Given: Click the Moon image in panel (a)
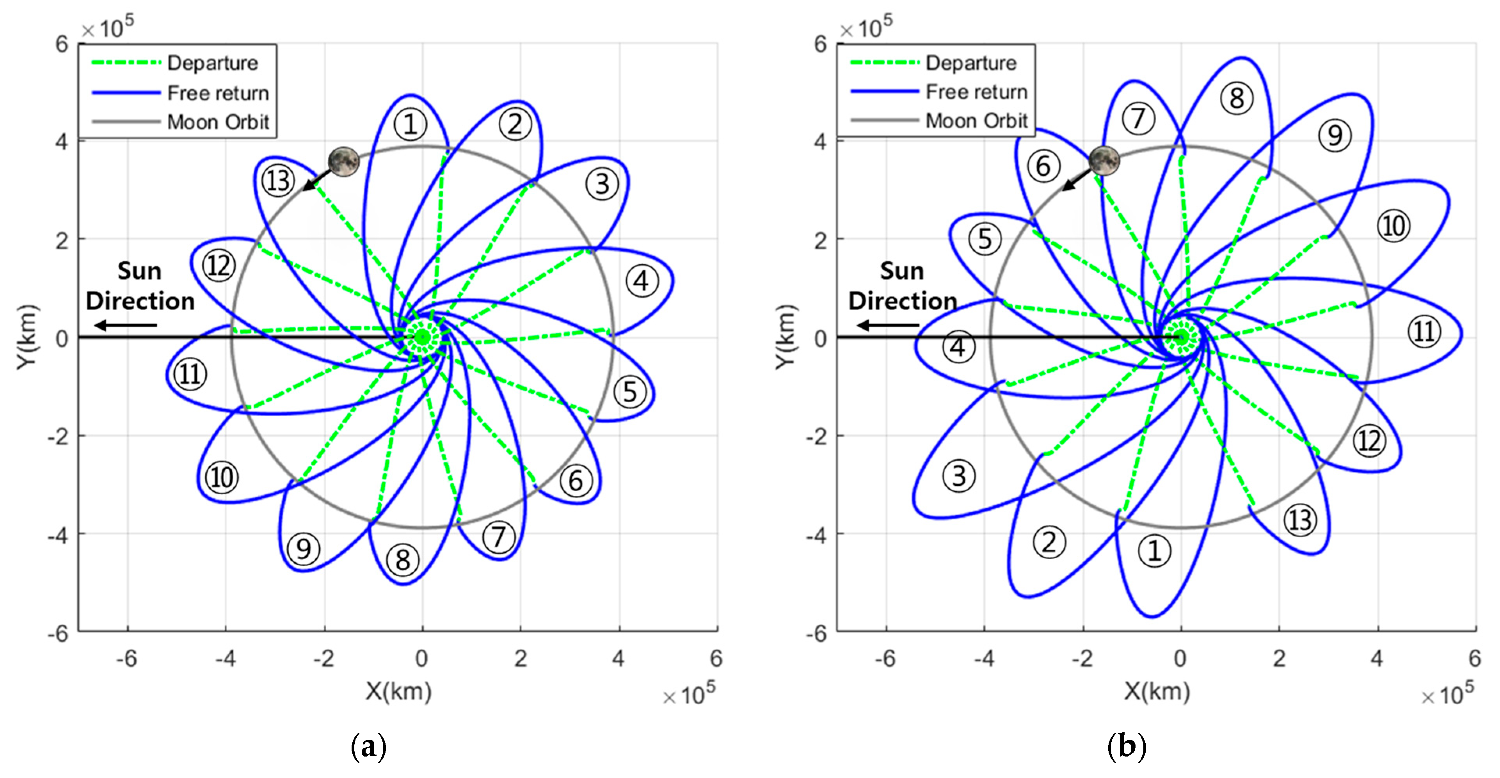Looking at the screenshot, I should pos(343,162).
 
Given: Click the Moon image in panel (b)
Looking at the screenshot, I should pos(1104,161).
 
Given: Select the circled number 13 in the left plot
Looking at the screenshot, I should pos(278,181).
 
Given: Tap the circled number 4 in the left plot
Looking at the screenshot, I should pos(642,282).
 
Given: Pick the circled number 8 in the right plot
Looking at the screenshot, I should pos(1236,98).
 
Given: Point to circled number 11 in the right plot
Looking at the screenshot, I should pos(1424,332).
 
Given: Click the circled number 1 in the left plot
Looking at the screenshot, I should pos(411,124).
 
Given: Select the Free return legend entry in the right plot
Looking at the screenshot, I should pos(976,92).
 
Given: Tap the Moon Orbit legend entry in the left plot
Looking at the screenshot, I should pos(218,122).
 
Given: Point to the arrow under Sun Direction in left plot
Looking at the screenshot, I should pos(126,325).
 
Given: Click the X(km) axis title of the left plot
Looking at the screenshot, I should pos(398,691).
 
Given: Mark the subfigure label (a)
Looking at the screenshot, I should pos(369,746).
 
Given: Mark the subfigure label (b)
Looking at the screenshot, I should pos(1127,746).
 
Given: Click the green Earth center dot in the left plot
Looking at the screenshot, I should pos(423,337).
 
